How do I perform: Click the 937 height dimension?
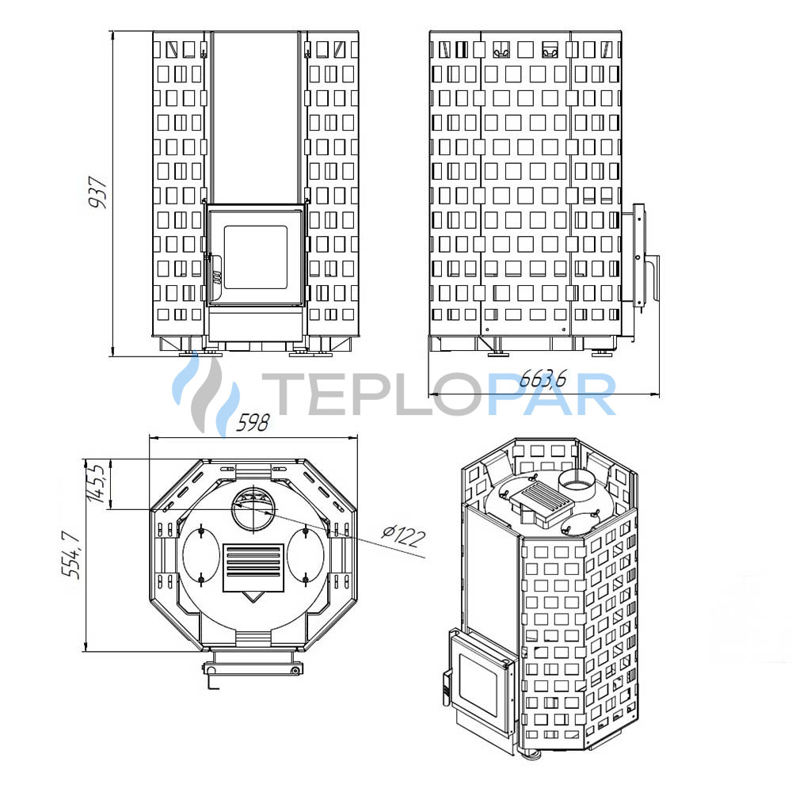click(x=97, y=192)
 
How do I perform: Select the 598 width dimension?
click(x=253, y=423)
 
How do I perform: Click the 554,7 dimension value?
click(x=71, y=554)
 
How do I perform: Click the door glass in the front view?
click(x=255, y=257)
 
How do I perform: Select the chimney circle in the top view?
click(x=254, y=508)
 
